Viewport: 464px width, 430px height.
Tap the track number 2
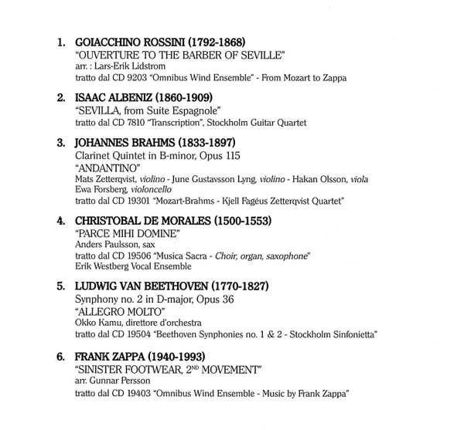[62, 99]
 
